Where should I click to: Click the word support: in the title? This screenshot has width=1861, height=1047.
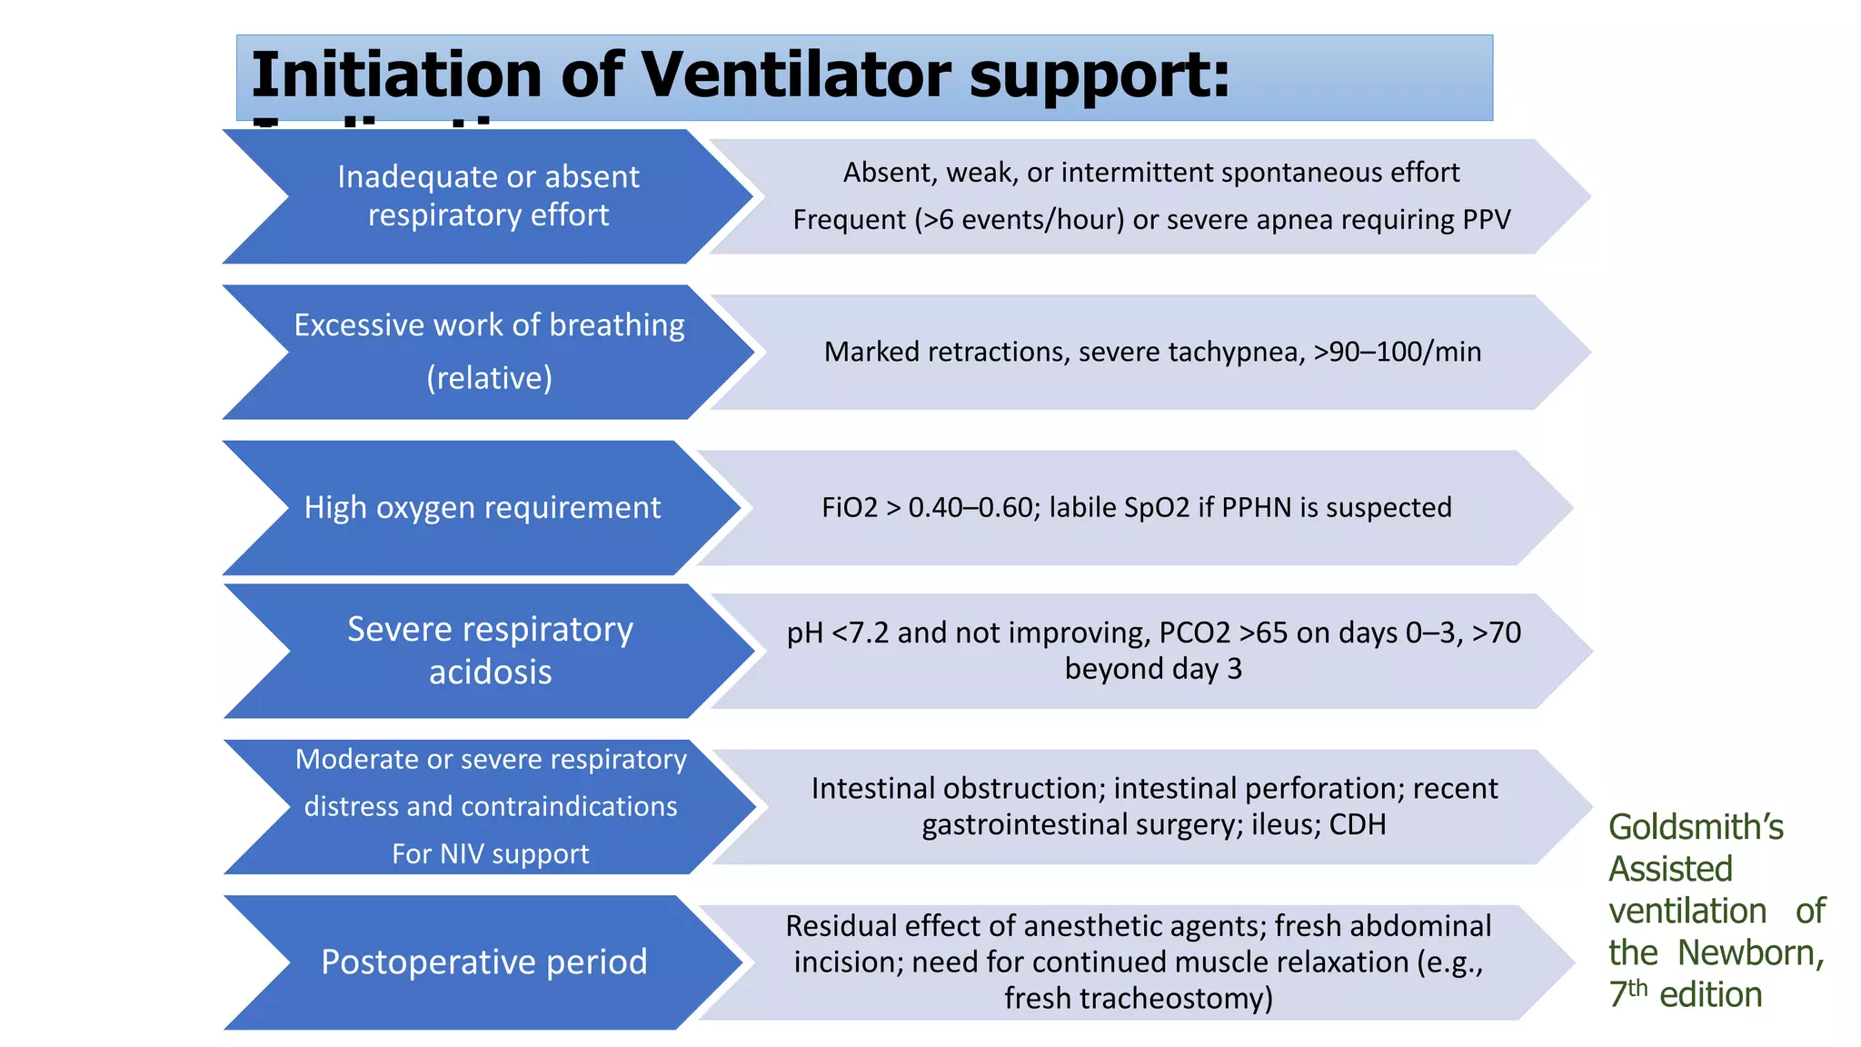coord(1100,75)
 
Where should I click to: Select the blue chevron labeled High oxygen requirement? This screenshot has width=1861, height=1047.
coord(482,507)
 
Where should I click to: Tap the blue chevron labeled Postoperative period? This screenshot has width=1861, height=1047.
coord(483,962)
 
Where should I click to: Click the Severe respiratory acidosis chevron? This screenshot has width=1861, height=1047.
coord(490,651)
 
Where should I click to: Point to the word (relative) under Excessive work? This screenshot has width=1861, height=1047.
coord(489,378)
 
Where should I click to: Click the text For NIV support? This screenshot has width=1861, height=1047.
coord(490,854)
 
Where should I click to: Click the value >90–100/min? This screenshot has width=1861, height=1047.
coord(1398,352)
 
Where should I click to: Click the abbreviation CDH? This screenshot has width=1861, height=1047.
coord(1358,824)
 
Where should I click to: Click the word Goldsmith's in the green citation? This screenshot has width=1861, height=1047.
coord(1696,827)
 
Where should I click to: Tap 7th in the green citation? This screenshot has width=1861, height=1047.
coord(1627,993)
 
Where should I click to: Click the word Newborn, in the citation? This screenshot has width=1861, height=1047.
coord(1750,952)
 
